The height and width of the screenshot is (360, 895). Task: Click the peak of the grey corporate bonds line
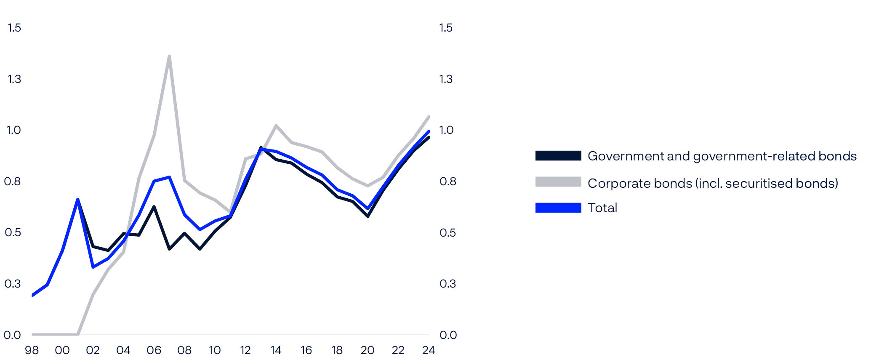coord(169,56)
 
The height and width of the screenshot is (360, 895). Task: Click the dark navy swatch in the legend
coord(558,156)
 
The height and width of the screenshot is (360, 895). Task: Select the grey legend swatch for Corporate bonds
coord(558,182)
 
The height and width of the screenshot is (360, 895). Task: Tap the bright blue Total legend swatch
coord(558,208)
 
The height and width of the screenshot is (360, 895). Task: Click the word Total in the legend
coord(602,208)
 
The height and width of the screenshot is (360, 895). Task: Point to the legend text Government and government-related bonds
coord(722,156)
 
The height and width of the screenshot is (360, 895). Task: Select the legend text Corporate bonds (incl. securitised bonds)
coord(713,183)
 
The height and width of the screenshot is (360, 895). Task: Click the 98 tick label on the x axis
coord(32,350)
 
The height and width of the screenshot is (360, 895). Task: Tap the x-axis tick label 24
coord(429,350)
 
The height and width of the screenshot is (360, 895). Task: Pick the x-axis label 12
coord(245,350)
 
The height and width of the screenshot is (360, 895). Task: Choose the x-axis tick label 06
coord(154,350)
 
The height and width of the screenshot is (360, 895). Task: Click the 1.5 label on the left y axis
coord(14,28)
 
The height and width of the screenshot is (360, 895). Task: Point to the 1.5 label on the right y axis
coord(446,28)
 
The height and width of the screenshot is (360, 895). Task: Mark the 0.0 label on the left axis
coord(12,335)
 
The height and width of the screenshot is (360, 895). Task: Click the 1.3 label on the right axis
coord(446,79)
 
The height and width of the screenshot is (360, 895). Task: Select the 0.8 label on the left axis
coord(12,181)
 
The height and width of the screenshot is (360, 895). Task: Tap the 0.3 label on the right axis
coord(447,284)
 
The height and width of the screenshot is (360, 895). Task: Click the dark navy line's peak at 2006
coord(154,207)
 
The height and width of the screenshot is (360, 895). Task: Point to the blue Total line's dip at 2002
coord(93,267)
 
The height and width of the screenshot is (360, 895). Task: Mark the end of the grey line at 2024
coord(429,116)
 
